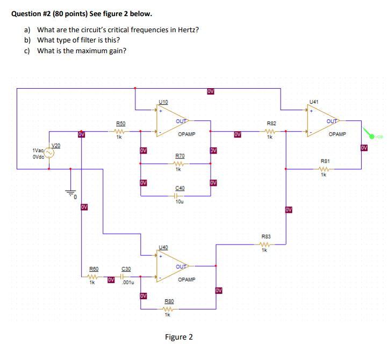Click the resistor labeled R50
click(x=120, y=130)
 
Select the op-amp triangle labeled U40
click(x=171, y=267)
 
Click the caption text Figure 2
click(x=179, y=337)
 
